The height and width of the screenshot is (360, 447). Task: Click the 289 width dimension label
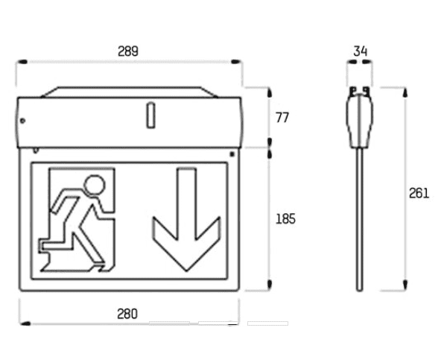click(128, 51)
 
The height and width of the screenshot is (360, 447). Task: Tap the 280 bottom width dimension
click(127, 314)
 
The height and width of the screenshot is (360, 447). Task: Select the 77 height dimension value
click(282, 118)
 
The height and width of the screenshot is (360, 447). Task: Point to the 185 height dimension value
click(285, 219)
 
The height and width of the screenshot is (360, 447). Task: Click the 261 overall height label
click(419, 193)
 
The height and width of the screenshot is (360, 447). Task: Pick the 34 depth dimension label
click(361, 51)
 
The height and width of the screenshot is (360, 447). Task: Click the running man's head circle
click(95, 185)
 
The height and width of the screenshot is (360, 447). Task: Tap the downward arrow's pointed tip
click(186, 271)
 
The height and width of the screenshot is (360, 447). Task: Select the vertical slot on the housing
click(150, 116)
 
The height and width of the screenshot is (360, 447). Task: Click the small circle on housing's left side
click(22, 121)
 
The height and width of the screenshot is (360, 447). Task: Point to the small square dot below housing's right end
click(232, 154)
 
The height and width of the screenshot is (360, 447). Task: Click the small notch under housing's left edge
click(36, 151)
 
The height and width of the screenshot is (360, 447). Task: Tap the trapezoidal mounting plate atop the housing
click(130, 92)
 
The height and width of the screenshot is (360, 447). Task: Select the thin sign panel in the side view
click(360, 219)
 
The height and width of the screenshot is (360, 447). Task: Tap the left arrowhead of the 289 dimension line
click(22, 62)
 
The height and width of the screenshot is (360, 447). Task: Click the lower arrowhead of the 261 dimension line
click(405, 285)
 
